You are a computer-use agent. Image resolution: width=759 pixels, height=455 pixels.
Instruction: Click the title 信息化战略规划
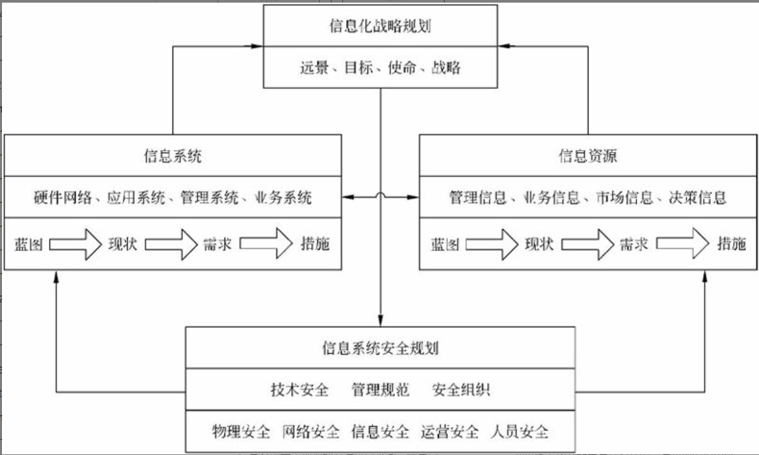coord(380,26)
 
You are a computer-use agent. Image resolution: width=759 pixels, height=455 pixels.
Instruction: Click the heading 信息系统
coord(172,156)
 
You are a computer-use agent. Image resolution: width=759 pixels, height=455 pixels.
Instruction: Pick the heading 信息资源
coord(588,156)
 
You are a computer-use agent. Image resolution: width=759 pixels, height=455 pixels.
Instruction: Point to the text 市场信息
coord(624,198)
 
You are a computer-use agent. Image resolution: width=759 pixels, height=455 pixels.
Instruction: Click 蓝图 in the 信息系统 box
coord(28,244)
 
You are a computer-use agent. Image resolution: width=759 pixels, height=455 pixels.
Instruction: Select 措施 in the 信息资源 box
coord(731,244)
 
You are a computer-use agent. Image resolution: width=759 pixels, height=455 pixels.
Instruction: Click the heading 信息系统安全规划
coord(380,348)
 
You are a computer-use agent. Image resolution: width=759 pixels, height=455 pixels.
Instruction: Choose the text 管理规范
coord(380,390)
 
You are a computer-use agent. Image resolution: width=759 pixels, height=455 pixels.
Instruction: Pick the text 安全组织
coord(461,390)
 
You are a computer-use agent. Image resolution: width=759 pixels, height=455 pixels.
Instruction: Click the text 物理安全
coord(241,432)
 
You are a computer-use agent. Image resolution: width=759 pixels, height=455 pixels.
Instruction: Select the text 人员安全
coord(520,432)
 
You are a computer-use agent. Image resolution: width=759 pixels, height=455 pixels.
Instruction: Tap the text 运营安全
coord(450,432)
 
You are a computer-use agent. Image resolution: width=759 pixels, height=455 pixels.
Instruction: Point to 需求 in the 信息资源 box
coord(634,244)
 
